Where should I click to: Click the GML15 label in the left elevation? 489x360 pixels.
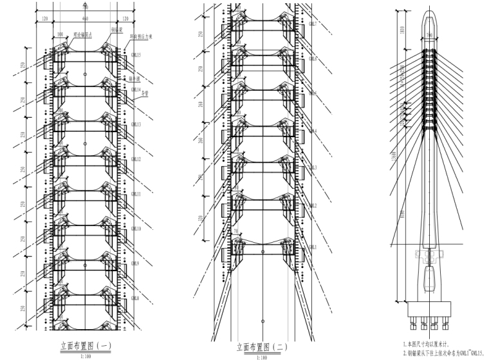coord(136,55)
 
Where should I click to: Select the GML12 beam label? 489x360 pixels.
coord(136,159)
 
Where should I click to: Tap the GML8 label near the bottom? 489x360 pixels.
coord(136,298)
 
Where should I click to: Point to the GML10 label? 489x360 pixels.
coord(136,229)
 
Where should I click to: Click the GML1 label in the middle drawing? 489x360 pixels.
coord(313,247)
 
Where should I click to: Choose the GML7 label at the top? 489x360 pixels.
coord(313,24)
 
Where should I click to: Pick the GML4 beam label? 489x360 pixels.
coord(313,131)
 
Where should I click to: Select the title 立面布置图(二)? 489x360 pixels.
coord(262,347)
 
